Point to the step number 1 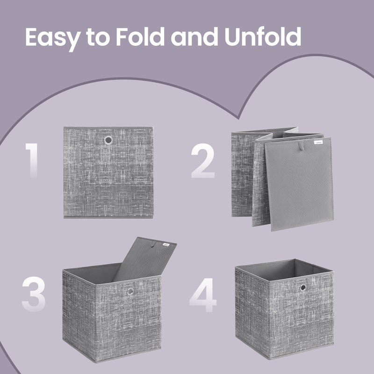(31, 160)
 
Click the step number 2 (202, 160)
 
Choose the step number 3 (34, 295)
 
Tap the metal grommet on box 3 (130, 292)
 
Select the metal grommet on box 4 (302, 287)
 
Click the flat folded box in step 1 (108, 173)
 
